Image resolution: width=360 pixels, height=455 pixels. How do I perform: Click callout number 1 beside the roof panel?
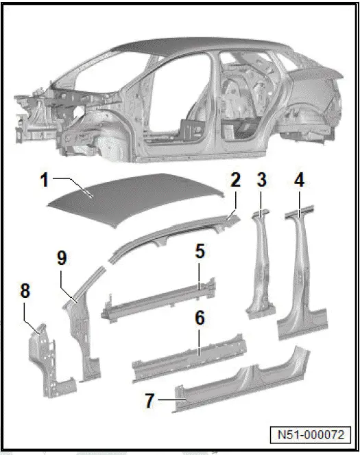45,182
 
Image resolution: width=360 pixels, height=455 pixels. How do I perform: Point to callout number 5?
200,252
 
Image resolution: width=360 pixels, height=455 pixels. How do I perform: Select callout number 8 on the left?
25,291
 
